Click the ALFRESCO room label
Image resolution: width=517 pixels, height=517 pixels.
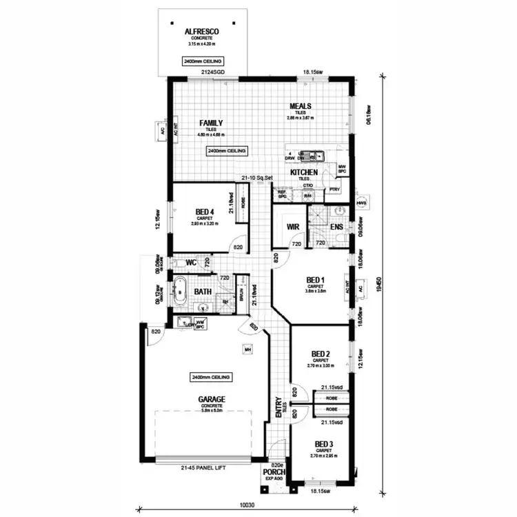(x=202, y=31)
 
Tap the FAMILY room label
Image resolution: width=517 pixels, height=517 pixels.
(x=211, y=123)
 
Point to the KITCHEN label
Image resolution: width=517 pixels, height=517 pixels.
(x=303, y=172)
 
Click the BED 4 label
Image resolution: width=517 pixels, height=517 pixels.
(x=204, y=212)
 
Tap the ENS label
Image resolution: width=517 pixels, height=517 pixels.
(x=336, y=226)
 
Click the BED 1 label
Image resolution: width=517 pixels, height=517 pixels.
(x=316, y=280)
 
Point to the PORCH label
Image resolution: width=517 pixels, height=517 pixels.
(x=274, y=472)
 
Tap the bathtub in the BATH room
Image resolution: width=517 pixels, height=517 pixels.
(x=181, y=292)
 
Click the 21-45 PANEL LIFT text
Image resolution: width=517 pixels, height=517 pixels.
(x=203, y=469)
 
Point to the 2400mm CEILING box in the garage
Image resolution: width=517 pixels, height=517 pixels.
(x=212, y=377)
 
